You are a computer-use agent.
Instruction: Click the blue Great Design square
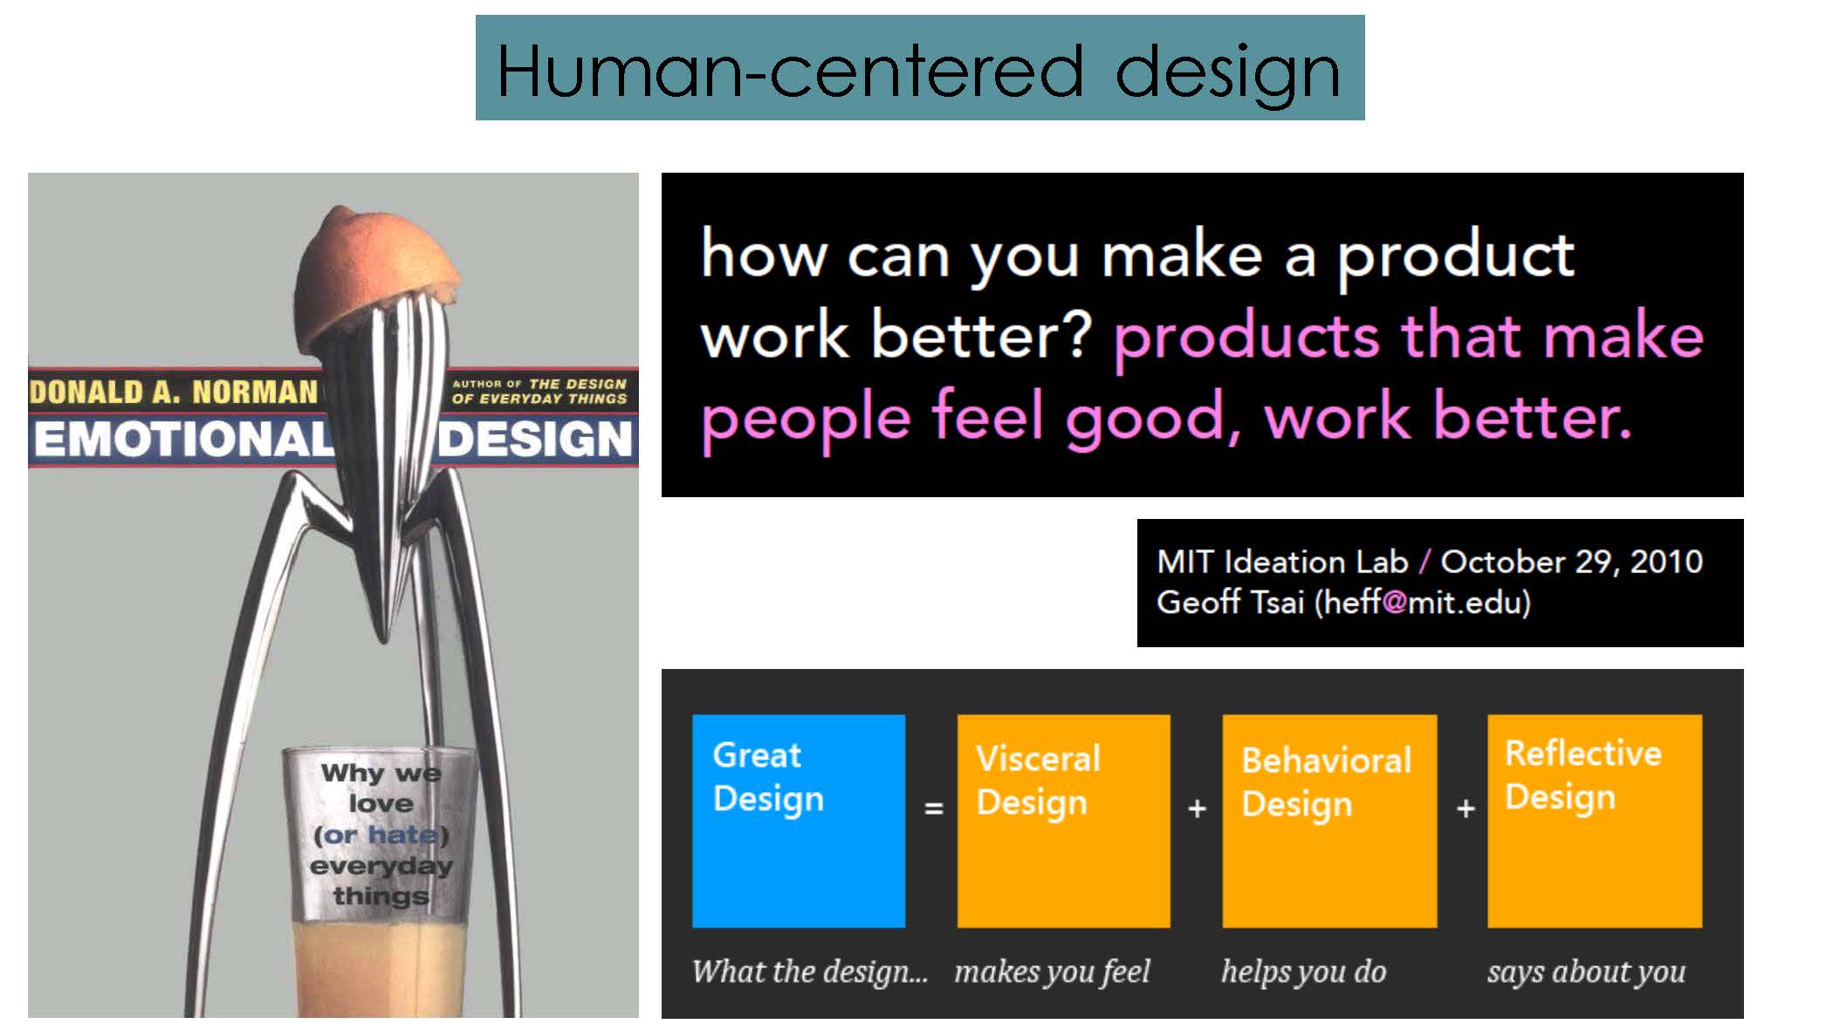coord(799,821)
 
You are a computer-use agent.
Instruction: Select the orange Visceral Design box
coord(1063,821)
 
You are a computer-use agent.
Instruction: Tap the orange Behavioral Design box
coord(1329,821)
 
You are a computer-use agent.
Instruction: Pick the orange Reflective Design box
coord(1595,821)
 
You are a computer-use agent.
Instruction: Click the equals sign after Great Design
coord(934,809)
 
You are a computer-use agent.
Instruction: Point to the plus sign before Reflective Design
coord(1466,809)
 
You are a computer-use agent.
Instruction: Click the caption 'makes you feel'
coord(1052,972)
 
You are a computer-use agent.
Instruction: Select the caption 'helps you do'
coord(1303,972)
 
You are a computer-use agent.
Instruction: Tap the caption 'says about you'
coord(1586,972)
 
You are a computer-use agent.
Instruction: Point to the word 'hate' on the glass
coord(402,835)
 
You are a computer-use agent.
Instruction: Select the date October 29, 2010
coord(1571,562)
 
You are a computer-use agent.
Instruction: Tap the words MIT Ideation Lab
coord(1282,562)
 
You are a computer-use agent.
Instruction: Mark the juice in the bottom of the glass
coord(380,968)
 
